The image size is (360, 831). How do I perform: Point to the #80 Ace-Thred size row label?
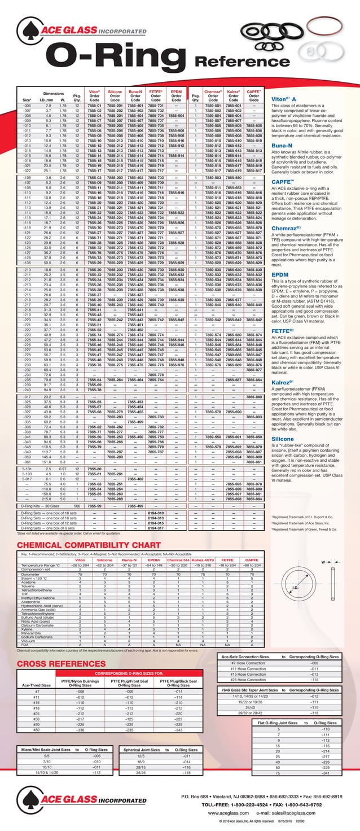click(x=37, y=729)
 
